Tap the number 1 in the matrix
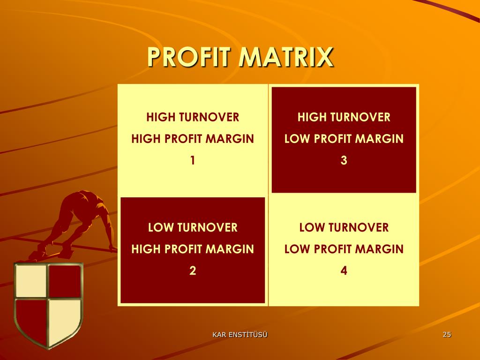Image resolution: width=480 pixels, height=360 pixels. pyautogui.click(x=193, y=160)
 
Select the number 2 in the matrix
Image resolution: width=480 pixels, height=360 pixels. pyautogui.click(x=193, y=271)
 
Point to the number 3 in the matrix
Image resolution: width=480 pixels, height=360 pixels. pyautogui.click(x=344, y=160)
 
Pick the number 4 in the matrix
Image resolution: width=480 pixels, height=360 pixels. pyautogui.click(x=344, y=271)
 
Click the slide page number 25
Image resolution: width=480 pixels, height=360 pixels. pyautogui.click(x=447, y=334)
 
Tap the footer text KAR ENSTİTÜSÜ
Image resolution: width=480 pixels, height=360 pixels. pyautogui.click(x=240, y=334)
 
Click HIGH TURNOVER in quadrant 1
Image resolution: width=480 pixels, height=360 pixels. pyautogui.click(x=193, y=117)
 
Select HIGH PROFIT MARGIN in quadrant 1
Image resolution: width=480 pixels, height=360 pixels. pyautogui.click(x=193, y=139)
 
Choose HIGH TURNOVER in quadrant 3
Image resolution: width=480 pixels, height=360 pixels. pyautogui.click(x=344, y=117)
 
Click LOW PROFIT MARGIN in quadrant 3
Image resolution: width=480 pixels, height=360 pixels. pyautogui.click(x=344, y=139)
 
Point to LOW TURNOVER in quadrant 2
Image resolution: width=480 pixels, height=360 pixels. pyautogui.click(x=193, y=228)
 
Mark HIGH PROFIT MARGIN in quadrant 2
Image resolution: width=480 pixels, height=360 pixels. pyautogui.click(x=193, y=249)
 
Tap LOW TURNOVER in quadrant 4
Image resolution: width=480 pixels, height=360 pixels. pyautogui.click(x=344, y=228)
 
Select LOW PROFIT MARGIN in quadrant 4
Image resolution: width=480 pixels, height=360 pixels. pyautogui.click(x=344, y=249)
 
